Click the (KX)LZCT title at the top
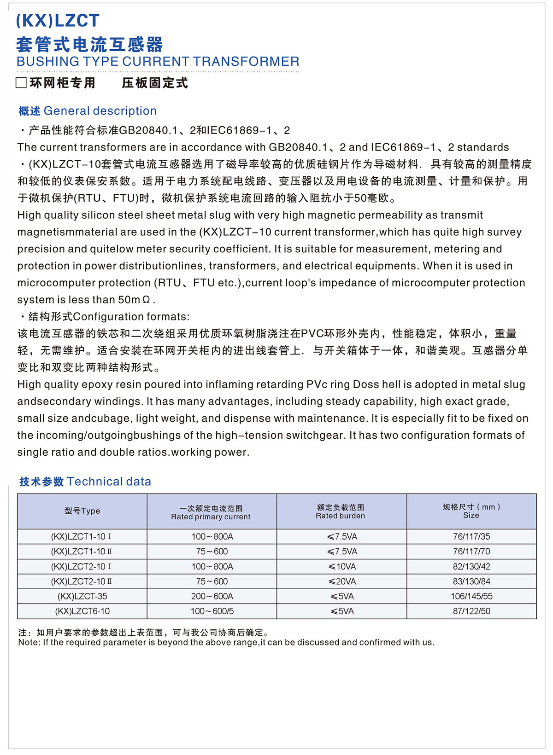(58, 21)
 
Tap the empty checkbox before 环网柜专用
(21, 83)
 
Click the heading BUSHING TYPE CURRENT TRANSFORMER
(158, 62)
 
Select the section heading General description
(100, 111)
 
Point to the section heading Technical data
(109, 482)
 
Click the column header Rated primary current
(211, 517)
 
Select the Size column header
(471, 515)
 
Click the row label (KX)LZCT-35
(82, 596)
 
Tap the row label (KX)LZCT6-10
(82, 611)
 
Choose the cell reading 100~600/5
(212, 611)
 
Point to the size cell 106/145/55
(471, 596)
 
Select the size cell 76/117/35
(471, 537)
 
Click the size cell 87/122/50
(471, 611)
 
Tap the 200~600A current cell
(212, 596)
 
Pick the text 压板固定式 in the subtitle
(155, 83)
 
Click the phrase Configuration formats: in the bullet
(131, 317)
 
